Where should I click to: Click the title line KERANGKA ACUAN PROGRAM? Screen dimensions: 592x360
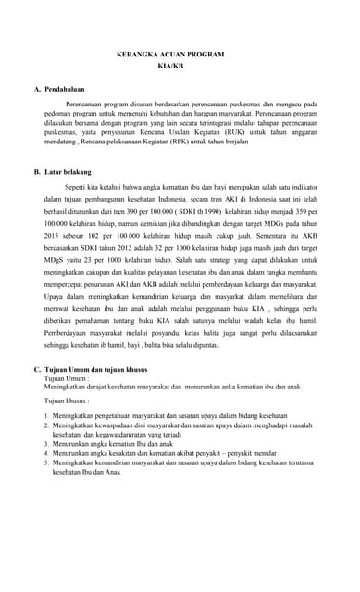[170, 55]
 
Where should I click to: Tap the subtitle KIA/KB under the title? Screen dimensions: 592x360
[170, 68]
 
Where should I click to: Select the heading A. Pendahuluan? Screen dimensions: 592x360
[64, 90]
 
